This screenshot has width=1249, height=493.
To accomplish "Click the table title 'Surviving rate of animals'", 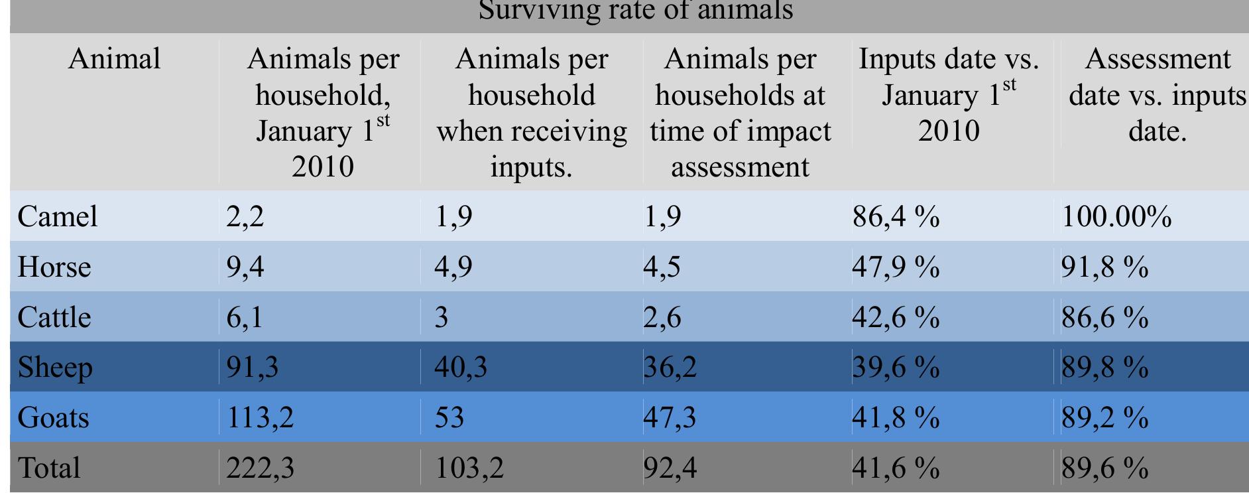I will (635, 11).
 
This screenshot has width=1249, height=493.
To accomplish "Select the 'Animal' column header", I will (114, 59).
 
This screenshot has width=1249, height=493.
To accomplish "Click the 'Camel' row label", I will (58, 216).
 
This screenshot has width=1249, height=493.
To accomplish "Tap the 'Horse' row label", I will (54, 267).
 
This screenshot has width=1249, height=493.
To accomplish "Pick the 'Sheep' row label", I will (54, 367).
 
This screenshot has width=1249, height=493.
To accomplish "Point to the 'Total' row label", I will (48, 468).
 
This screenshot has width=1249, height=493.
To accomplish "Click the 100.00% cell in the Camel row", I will (1116, 216).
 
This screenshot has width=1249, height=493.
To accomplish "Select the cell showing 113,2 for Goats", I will (260, 417).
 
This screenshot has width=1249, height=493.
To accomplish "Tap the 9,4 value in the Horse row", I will (245, 267).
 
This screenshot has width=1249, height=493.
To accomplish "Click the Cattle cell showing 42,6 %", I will (895, 317).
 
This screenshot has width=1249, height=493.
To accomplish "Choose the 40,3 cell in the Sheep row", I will (460, 367).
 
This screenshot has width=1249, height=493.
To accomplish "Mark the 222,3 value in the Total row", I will (260, 468).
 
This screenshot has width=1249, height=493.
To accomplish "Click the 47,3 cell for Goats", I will (670, 417).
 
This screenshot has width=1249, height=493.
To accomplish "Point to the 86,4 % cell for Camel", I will (895, 216).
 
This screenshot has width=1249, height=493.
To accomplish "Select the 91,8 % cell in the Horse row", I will (1104, 267).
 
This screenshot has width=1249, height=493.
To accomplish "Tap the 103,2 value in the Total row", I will (469, 468).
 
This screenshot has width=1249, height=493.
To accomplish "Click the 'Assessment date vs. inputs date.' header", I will (1157, 95).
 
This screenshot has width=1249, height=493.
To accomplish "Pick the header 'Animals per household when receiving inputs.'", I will (531, 113).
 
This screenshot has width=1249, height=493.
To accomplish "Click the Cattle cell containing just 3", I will (442, 317).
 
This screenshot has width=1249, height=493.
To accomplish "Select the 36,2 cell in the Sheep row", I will (670, 367).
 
